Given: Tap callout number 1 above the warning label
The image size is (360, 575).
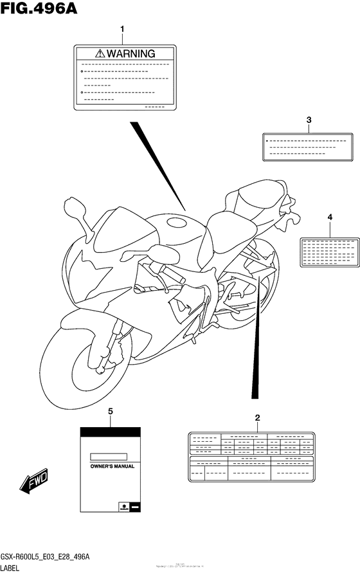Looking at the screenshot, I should [123, 29].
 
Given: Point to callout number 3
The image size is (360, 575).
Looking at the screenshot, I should [309, 120].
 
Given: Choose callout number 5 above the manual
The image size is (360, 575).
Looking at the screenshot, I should [110, 411].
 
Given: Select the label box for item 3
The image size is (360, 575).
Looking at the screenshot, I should [308, 146].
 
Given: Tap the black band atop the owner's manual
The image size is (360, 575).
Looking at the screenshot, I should [110, 432].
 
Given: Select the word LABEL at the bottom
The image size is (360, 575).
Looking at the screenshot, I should [14, 569].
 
